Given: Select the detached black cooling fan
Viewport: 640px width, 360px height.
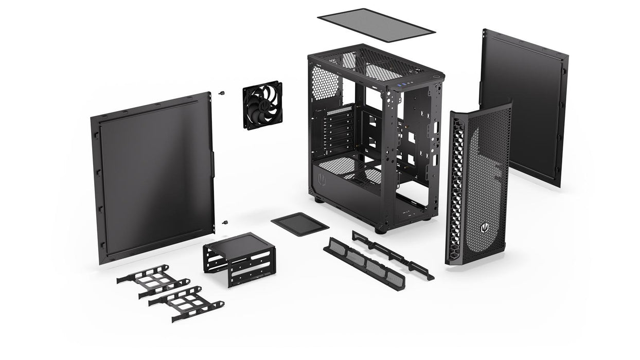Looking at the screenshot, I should coord(262,105).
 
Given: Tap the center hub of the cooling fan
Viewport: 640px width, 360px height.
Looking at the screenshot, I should coord(263,105).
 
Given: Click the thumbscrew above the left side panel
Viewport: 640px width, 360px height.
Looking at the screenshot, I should coord(222,94).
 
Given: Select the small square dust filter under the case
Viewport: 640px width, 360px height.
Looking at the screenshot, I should coord(299,224).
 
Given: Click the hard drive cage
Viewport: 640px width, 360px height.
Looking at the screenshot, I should coord(239,258).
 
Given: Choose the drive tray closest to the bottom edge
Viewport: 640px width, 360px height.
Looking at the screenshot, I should coord(186,303).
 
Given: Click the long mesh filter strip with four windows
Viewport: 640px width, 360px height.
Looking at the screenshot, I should coord(364,263).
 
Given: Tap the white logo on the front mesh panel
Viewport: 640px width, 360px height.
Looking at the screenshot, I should coord(484,227).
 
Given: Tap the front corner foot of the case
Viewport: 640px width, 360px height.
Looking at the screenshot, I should coord(380,229).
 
